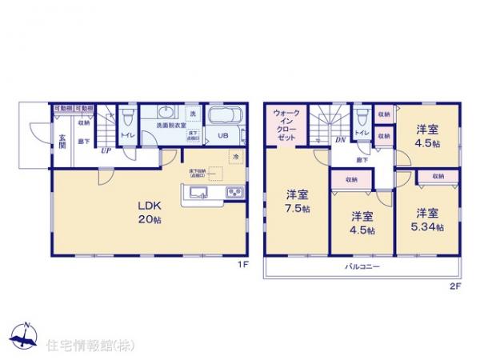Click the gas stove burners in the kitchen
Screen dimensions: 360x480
[x=234, y=191]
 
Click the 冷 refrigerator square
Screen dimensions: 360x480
[x=235, y=157]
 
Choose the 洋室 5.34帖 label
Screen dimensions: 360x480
[x=430, y=219]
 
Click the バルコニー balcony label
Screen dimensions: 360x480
[x=362, y=266]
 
